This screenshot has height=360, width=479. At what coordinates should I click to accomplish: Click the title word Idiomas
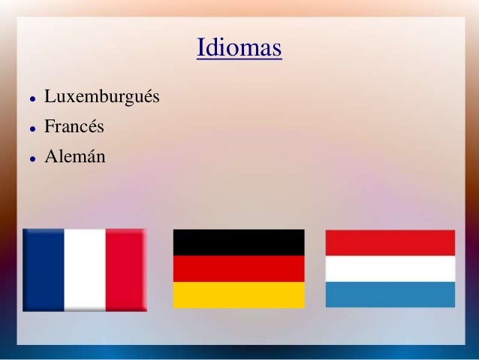tap(239, 49)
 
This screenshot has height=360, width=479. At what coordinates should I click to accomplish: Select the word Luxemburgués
tap(102, 98)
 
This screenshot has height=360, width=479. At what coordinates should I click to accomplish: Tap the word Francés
tap(74, 128)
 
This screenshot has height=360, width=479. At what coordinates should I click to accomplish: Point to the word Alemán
tap(75, 158)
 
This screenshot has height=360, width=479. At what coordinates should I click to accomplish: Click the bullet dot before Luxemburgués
tap(26, 99)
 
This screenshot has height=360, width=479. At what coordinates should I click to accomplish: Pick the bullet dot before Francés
tap(26, 129)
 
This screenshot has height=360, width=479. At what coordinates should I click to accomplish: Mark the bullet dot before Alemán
tap(26, 159)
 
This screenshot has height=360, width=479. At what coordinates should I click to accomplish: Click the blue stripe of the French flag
tap(44, 269)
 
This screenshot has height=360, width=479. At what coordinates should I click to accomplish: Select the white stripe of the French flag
tap(85, 269)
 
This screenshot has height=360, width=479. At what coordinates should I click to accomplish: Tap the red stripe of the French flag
tap(125, 269)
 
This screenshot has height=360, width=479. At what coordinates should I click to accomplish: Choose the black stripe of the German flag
tap(239, 242)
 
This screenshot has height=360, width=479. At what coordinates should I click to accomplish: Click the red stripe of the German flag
tap(239, 268)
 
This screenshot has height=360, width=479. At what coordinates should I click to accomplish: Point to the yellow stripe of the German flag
tap(239, 295)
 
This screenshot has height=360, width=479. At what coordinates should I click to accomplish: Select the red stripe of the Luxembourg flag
tap(390, 243)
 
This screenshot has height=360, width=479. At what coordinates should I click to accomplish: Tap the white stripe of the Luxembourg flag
tap(390, 268)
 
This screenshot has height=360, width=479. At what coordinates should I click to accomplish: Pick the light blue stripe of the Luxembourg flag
tap(390, 294)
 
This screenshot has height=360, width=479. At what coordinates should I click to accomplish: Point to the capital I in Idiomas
tap(200, 49)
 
